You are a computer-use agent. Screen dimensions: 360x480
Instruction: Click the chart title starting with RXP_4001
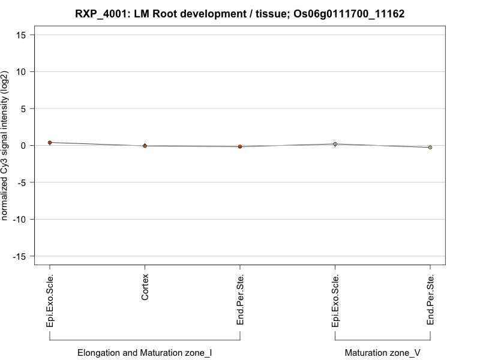pos(240,13)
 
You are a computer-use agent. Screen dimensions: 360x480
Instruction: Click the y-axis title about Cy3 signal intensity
pos(5,145)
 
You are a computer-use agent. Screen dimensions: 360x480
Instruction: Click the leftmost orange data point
pos(50,143)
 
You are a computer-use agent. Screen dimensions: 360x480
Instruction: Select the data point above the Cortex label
pos(145,146)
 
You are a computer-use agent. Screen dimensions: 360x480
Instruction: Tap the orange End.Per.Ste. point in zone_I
pos(240,146)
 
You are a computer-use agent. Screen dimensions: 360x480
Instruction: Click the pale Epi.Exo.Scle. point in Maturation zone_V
pos(335,144)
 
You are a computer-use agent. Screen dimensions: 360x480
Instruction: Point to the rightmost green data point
pos(430,147)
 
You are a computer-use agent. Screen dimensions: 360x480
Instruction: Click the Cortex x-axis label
pos(145,288)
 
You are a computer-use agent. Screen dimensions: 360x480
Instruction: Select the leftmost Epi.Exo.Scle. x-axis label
pos(50,301)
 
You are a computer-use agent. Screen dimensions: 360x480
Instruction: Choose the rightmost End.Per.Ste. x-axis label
pos(430,300)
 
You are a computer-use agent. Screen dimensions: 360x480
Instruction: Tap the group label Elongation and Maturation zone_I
pos(145,353)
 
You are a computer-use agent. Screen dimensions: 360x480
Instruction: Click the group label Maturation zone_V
pos(383,353)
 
